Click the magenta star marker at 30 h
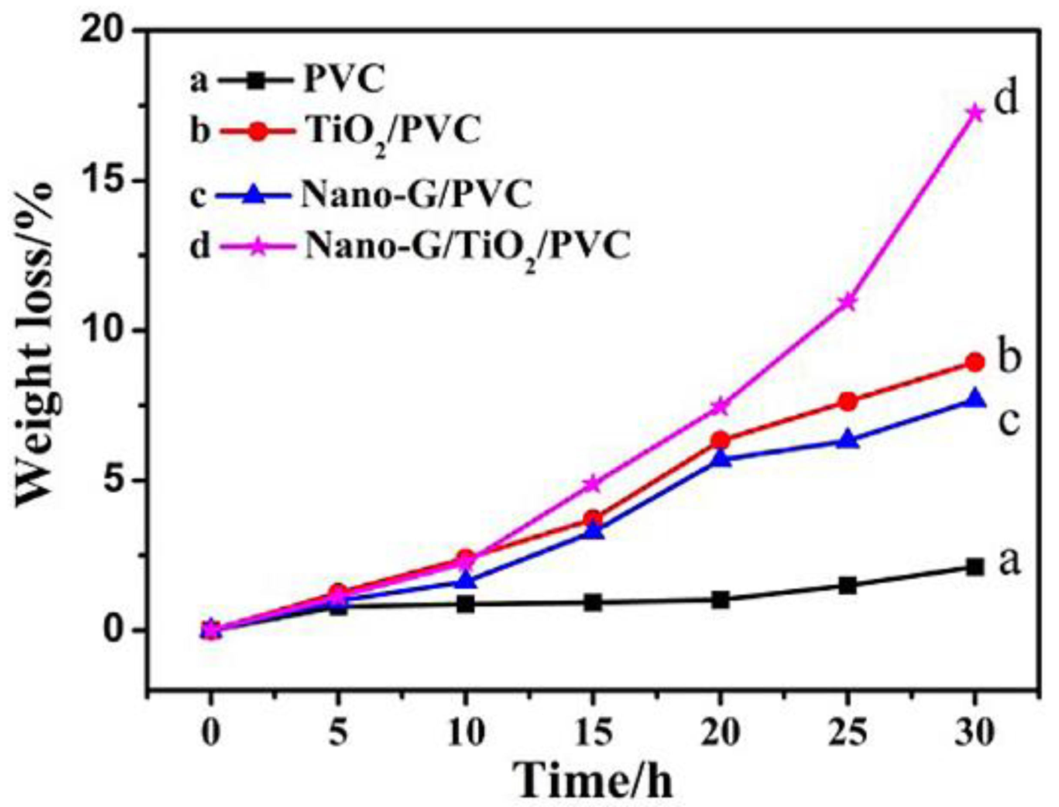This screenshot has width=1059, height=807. (974, 114)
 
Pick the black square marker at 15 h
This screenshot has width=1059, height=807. (593, 602)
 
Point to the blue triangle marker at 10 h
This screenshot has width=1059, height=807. (465, 581)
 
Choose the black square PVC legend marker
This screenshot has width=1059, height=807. (256, 81)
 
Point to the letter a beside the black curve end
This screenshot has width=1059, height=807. (1009, 562)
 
